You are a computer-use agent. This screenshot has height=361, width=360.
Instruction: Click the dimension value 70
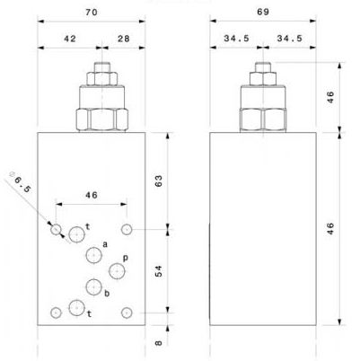tap(92, 13)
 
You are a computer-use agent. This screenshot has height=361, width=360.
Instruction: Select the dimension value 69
tap(263, 12)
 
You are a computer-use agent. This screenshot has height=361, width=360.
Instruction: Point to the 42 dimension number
tap(70, 39)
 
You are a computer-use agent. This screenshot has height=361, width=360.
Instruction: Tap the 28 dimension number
tap(124, 39)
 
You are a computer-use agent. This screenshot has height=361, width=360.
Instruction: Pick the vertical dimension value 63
tap(158, 180)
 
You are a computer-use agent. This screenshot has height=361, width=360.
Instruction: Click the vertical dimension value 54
tap(158, 271)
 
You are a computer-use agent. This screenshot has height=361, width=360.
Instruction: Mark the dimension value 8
tap(159, 342)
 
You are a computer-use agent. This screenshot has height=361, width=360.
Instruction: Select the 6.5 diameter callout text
tap(21, 182)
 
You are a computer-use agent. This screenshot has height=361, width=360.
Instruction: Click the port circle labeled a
tap(94, 255)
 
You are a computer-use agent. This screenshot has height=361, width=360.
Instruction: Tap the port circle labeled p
tap(117, 271)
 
